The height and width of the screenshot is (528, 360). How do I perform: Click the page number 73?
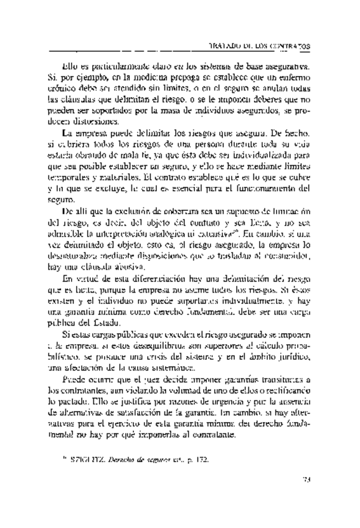pyautogui.click(x=305, y=497)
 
